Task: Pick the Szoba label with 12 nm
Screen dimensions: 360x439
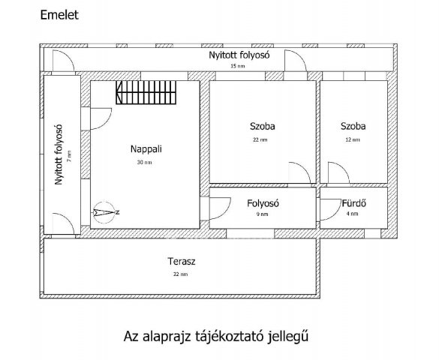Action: pos(352,126)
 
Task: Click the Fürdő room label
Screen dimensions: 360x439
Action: pos(353,202)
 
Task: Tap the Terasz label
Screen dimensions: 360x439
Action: pos(181,262)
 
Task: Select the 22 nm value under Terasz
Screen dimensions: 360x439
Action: pos(181,274)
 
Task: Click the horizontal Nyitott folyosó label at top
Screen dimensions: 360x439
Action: pos(239,55)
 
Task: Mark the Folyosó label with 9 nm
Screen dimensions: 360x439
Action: pos(263,202)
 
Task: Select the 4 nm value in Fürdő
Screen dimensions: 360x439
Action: pos(353,214)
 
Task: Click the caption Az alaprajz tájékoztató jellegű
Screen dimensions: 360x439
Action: pos(215,337)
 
